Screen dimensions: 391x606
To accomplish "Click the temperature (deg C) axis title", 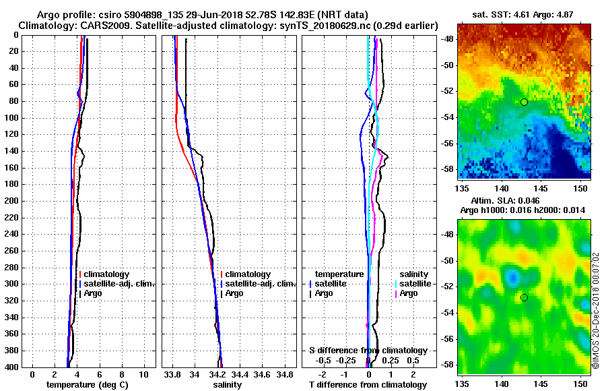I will click(x=87, y=385).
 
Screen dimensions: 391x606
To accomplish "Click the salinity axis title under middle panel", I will click(x=227, y=385).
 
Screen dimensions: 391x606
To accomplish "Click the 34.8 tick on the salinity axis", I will click(x=285, y=374).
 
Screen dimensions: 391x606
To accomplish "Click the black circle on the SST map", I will click(x=524, y=102).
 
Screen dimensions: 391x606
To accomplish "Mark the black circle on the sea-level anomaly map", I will click(x=524, y=297).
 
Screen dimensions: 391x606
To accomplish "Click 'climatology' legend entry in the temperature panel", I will click(x=106, y=274).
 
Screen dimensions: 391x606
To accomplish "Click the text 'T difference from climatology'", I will click(x=368, y=385).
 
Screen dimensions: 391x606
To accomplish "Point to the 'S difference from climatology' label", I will click(x=368, y=351).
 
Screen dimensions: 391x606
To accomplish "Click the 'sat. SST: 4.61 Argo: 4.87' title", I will click(x=524, y=13).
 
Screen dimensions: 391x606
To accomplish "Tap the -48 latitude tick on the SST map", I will click(x=447, y=39).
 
